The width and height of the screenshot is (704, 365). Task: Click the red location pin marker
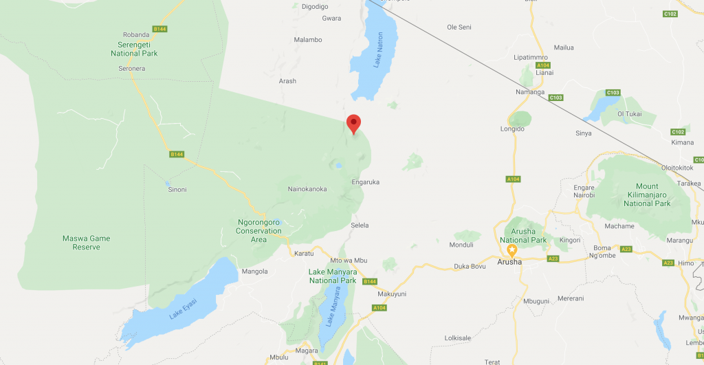pyautogui.click(x=353, y=123)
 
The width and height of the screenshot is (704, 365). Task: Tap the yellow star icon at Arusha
pyautogui.click(x=511, y=250)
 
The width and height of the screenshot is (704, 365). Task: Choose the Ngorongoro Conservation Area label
pyautogui.click(x=259, y=231)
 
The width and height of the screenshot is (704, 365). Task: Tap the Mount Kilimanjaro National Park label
pyautogui.click(x=646, y=195)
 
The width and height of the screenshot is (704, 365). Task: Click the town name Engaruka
pyautogui.click(x=365, y=182)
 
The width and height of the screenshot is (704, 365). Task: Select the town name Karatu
pyautogui.click(x=304, y=254)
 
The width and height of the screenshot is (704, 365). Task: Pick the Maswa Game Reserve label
pyautogui.click(x=86, y=243)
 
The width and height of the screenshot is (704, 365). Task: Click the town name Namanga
pyautogui.click(x=530, y=91)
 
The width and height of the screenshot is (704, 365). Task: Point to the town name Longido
pyautogui.click(x=513, y=129)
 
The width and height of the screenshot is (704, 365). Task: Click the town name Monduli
pyautogui.click(x=461, y=245)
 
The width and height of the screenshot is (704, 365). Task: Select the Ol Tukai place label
pyautogui.click(x=629, y=113)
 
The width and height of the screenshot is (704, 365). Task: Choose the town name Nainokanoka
pyautogui.click(x=307, y=189)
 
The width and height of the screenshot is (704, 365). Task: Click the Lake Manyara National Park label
pyautogui.click(x=333, y=276)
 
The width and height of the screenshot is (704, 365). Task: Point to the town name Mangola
pyautogui.click(x=254, y=272)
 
